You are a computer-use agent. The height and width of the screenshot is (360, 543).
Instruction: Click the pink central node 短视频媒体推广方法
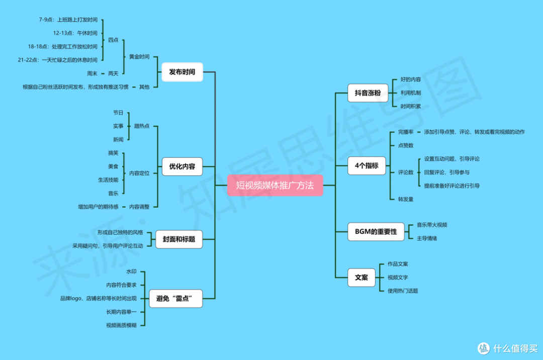pyautogui.click(x=275, y=185)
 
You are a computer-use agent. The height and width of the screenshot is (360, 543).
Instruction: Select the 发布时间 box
pyautogui.click(x=182, y=72)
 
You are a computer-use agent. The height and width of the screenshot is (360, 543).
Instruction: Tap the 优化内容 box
pyautogui.click(x=182, y=166)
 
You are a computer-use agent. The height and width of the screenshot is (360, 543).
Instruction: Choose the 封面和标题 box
pyautogui.click(x=179, y=239)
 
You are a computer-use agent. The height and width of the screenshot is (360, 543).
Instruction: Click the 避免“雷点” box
pyautogui.click(x=175, y=298)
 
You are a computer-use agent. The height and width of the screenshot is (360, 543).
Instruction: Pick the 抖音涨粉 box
pyautogui.click(x=368, y=93)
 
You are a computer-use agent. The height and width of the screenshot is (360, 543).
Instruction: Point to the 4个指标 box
pyautogui.click(x=367, y=165)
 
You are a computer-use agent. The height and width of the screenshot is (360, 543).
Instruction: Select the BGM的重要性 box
pyautogui.click(x=376, y=232)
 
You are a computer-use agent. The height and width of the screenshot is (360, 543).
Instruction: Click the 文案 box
pyautogui.click(x=361, y=278)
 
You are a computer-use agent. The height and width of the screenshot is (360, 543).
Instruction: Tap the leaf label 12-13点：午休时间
pyautogui.click(x=75, y=33)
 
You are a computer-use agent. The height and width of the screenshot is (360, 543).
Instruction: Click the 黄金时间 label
pyautogui.click(x=139, y=57)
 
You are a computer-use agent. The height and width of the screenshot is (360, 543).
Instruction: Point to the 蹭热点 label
pyautogui.click(x=142, y=126)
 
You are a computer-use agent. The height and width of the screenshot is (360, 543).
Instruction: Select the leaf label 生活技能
pyautogui.click(x=108, y=180)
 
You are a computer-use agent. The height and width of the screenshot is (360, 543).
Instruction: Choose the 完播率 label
pyautogui.click(x=406, y=132)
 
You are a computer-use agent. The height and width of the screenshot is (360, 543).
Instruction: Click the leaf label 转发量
pyautogui.click(x=406, y=200)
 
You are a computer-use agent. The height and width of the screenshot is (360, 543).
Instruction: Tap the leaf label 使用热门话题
pyautogui.click(x=403, y=291)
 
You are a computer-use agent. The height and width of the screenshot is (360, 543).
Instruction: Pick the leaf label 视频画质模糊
pyautogui.click(x=121, y=325)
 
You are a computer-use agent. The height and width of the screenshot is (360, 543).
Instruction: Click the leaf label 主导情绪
pyautogui.click(x=427, y=238)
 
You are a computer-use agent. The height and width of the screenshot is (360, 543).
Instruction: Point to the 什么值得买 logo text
pyautogui.click(x=515, y=348)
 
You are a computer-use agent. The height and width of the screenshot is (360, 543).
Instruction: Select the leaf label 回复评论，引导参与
pyautogui.click(x=447, y=172)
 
